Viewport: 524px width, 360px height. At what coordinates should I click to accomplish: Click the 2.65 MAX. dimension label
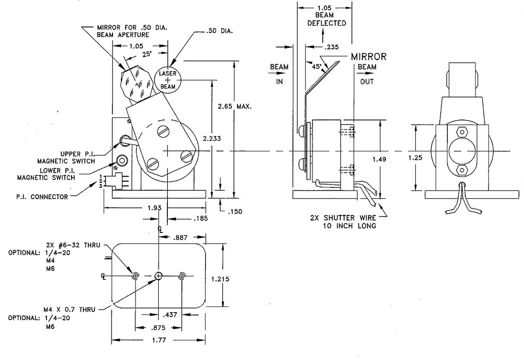(235, 106)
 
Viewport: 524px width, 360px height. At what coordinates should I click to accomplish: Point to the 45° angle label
(316, 67)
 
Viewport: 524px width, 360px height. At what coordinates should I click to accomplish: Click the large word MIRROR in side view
(368, 57)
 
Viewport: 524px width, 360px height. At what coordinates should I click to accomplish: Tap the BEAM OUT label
(366, 74)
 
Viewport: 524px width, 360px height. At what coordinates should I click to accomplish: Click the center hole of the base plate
(159, 276)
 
